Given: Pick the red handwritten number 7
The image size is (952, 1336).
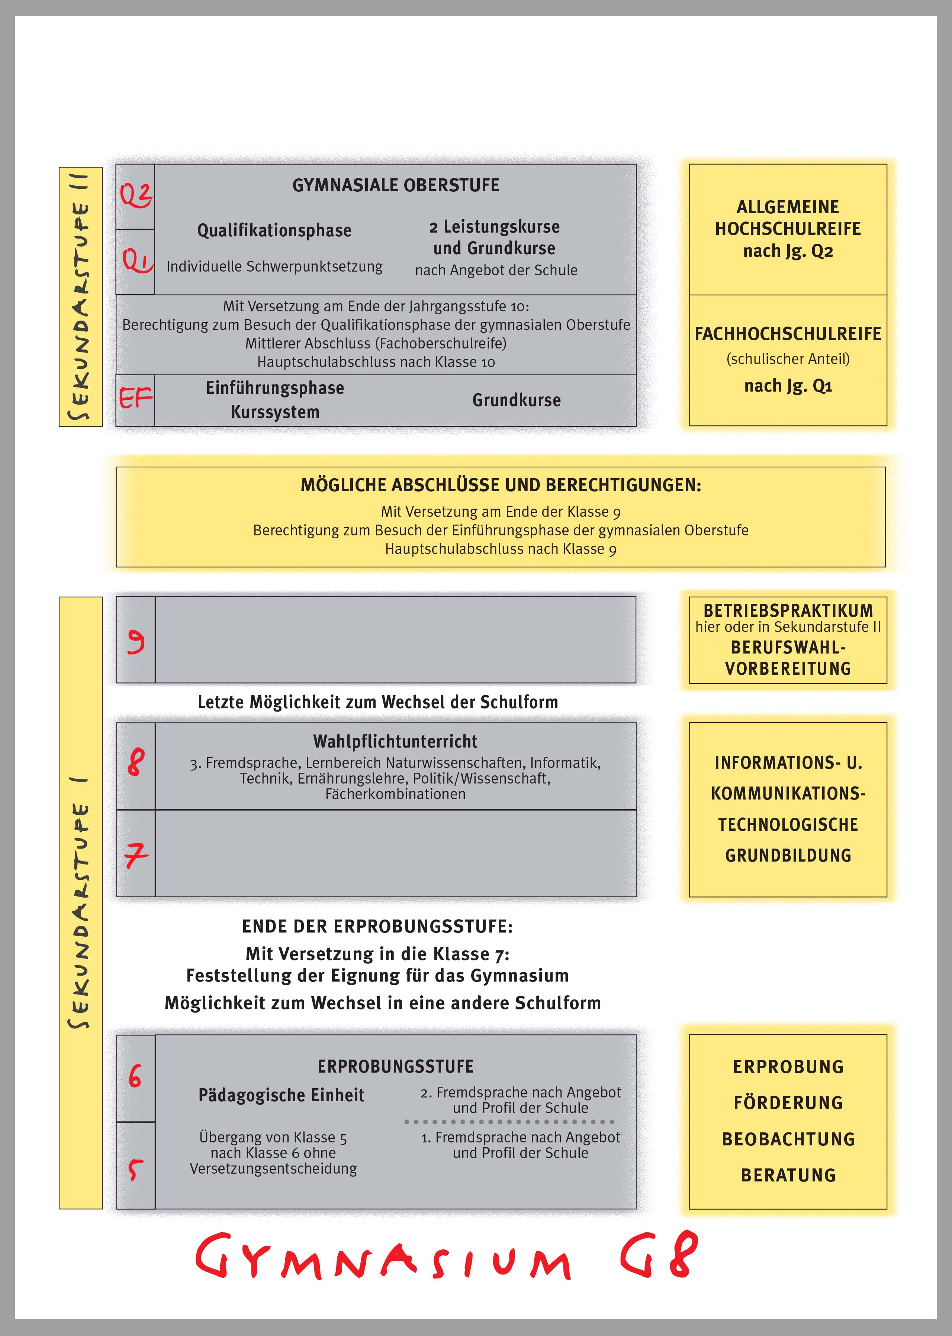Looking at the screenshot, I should (136, 855).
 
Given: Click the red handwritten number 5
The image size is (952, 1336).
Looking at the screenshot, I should (135, 1169).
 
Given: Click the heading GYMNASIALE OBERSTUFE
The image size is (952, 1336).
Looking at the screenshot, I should (396, 185).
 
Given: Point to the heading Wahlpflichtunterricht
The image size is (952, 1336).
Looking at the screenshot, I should (395, 742).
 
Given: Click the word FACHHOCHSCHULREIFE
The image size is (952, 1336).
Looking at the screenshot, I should (788, 334).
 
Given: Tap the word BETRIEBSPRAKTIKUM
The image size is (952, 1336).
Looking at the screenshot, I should (788, 610).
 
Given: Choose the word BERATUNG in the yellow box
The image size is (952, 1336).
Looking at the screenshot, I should (788, 1175).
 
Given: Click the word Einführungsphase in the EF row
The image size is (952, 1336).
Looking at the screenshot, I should (275, 388).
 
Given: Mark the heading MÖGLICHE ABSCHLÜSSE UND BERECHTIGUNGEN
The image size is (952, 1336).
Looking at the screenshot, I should (501, 485).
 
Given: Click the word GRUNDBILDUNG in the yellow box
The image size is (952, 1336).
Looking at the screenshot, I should (788, 855).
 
